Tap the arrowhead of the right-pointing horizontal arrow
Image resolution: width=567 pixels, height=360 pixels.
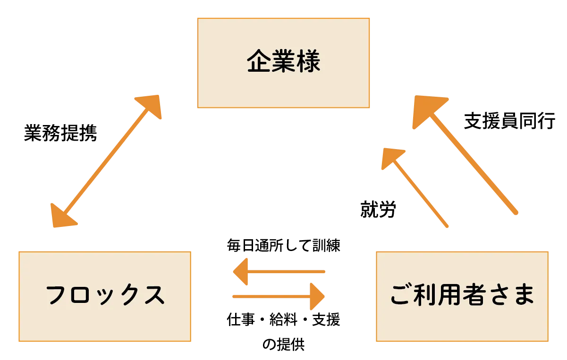(317, 296)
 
